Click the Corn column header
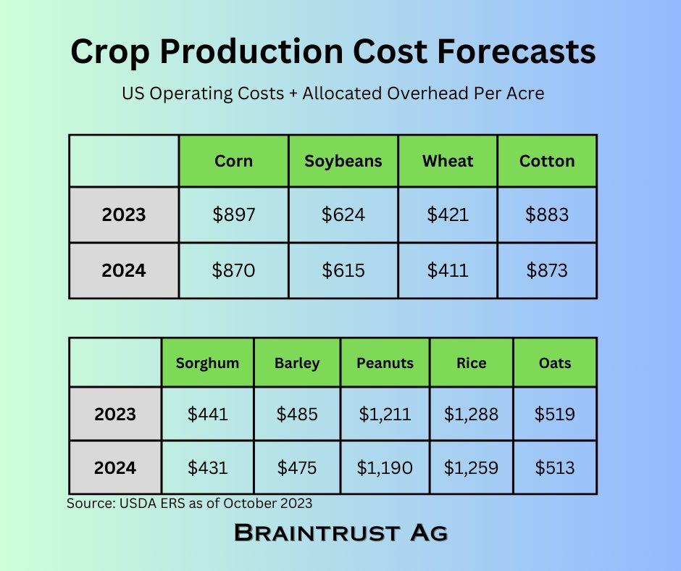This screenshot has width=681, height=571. [x=233, y=161]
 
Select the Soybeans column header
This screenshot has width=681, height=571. [x=343, y=161]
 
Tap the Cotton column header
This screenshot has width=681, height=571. [x=547, y=161]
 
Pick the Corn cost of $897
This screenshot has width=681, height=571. [x=233, y=215]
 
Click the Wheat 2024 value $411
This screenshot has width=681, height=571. [x=448, y=271]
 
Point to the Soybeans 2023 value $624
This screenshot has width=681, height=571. [x=343, y=215]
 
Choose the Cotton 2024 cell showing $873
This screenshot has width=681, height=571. [x=547, y=271]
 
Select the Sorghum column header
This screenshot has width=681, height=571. [x=207, y=362]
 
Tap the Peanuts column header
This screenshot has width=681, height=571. [x=385, y=362]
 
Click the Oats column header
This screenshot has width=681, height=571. [x=555, y=362]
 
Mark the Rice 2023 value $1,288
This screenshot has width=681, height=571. [x=472, y=414]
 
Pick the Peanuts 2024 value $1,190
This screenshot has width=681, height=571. [x=385, y=467]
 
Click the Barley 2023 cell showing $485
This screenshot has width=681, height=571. [x=297, y=414]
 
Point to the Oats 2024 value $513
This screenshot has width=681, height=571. [x=555, y=467]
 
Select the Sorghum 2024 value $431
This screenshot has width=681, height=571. [x=207, y=467]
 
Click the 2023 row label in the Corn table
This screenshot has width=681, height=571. [x=124, y=215]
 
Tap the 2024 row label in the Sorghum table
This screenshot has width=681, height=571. [x=115, y=467]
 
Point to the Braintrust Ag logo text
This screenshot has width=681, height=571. [x=340, y=533]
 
